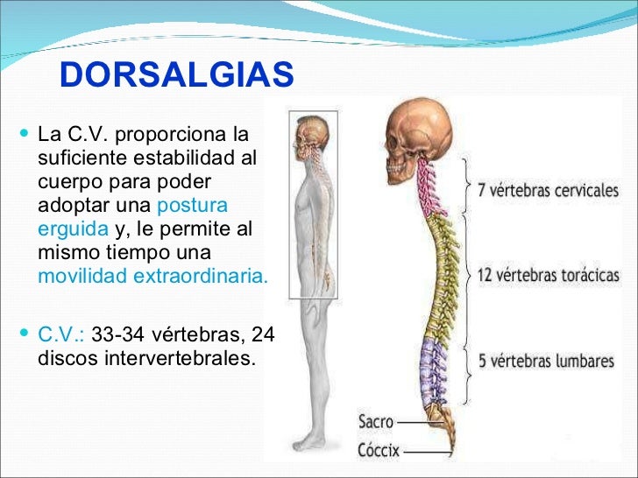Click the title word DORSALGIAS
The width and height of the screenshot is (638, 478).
[177, 76]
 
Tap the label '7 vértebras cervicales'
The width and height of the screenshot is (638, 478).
[548, 190]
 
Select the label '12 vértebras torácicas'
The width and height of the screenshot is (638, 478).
[547, 274]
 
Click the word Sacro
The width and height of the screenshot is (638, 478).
[376, 422]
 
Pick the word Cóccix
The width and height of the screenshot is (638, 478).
[379, 452]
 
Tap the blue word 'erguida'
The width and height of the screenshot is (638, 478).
[74, 230]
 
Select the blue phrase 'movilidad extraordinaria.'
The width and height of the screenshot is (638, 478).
[153, 277]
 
